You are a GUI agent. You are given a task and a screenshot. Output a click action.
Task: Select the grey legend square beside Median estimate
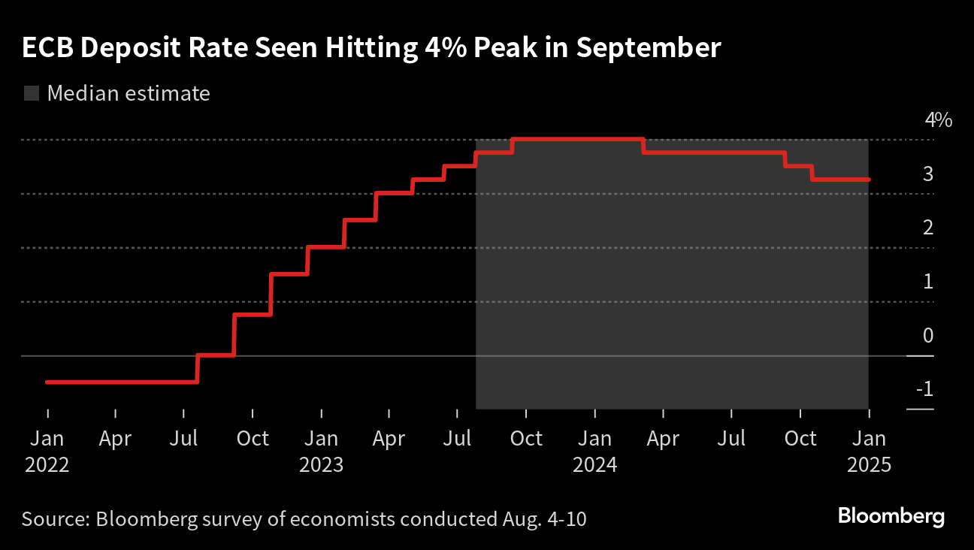coord(32,94)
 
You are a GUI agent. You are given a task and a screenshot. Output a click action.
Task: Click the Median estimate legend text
coord(129,94)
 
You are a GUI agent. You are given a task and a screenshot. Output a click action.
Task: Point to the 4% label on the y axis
coord(938,119)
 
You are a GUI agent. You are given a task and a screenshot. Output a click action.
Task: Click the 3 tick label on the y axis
coord(928,174)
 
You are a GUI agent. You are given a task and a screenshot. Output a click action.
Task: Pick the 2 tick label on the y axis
coord(928,228)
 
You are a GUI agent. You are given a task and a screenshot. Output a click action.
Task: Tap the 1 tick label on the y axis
coord(928,282)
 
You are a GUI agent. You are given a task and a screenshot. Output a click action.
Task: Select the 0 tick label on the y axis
coord(928,336)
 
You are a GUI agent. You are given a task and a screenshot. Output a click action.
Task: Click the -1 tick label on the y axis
coord(924,390)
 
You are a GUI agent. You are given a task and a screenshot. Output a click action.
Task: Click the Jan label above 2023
coord(322,439)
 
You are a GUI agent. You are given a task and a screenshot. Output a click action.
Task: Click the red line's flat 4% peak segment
coord(577,139)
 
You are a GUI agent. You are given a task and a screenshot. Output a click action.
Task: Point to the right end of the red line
coord(868,180)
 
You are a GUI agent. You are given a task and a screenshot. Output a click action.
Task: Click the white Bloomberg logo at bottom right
coord(891,517)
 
